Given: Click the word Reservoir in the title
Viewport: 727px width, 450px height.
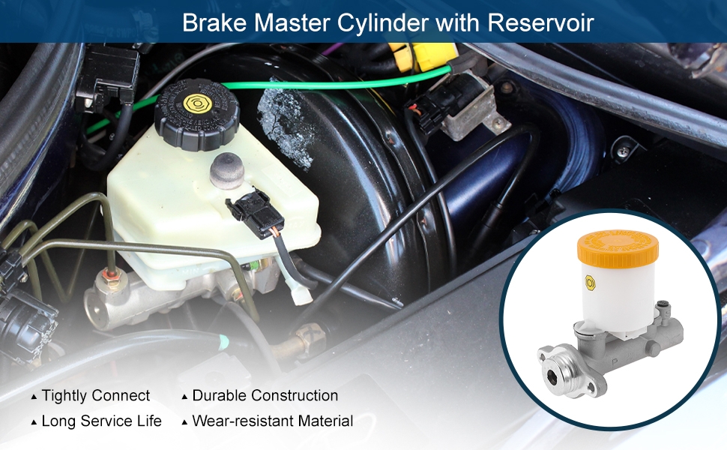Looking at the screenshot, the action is coord(540,22).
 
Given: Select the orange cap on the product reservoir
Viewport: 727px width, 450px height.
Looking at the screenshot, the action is coord(618,247).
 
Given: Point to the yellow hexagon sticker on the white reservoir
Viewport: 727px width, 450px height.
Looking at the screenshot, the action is coord(590,283).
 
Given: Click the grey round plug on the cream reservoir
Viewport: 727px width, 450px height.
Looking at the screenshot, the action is coord(227,171).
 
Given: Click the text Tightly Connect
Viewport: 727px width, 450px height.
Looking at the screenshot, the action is coord(95,396).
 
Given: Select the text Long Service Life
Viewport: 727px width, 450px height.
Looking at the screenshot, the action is coord(101,421).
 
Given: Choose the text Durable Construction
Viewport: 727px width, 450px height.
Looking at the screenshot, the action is coord(265,396).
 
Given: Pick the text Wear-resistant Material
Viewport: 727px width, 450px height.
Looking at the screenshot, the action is coord(273,421).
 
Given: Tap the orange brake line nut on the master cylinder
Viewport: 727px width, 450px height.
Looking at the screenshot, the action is coord(111,277).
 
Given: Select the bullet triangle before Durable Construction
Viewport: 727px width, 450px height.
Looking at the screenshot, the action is coord(184,397).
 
